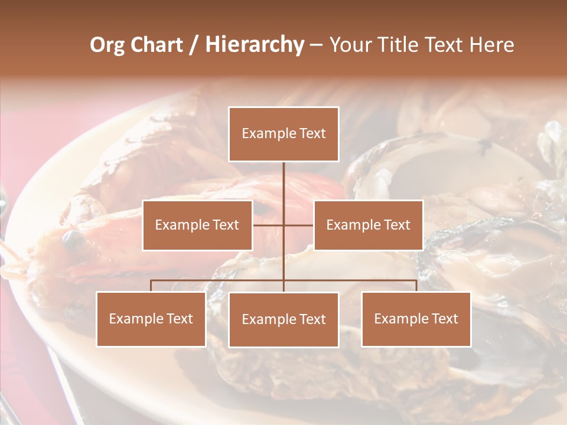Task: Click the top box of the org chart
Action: point(283,134)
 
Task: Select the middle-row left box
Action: point(197,225)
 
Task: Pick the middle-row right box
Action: point(368,225)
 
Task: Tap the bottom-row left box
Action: point(151,319)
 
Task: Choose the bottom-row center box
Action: point(283,319)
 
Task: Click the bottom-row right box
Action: point(416,319)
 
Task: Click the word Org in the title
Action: point(107,45)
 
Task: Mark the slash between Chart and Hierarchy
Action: point(194,45)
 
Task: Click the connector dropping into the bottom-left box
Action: point(151,286)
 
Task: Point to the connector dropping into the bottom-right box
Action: point(416,286)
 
